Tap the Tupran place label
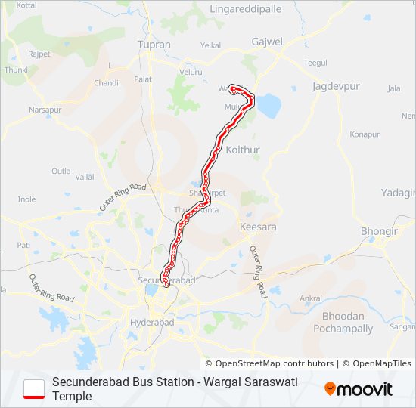click(154, 45)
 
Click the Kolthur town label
click(243, 150)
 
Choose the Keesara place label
click(257, 227)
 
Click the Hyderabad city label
click(152, 323)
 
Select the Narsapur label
click(45, 110)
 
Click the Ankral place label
click(311, 298)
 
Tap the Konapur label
click(365, 134)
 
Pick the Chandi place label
click(106, 83)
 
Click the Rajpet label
click(39, 54)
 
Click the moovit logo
click(359, 389)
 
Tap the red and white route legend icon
click(34, 389)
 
